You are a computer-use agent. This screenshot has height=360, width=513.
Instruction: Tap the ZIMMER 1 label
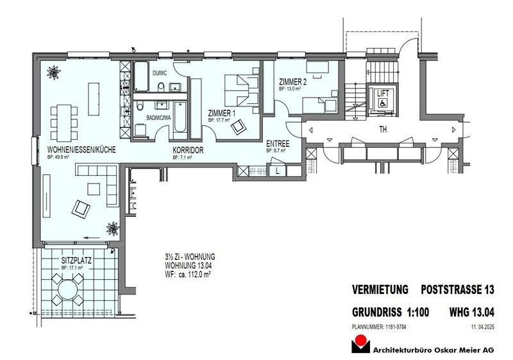coord(223,113)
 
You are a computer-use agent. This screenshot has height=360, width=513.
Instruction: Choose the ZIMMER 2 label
coord(293,82)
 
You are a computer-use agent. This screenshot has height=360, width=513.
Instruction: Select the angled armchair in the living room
coord(81,207)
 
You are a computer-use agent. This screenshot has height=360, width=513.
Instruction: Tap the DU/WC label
coord(160,91)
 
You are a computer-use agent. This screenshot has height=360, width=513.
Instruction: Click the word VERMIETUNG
coord(381,290)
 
